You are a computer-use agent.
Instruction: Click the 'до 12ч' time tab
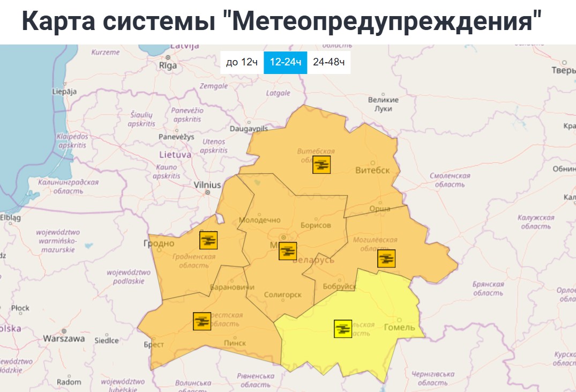[x=242, y=62]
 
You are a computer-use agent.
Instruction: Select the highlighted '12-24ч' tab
[x=285, y=62]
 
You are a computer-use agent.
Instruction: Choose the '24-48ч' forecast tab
[x=328, y=62]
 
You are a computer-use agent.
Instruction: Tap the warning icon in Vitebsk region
[x=321, y=165]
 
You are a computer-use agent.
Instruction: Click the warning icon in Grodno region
[x=208, y=240]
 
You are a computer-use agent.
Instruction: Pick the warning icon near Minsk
[x=288, y=251]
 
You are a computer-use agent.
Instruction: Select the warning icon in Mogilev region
[x=386, y=258]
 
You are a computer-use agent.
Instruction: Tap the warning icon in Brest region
[x=202, y=321]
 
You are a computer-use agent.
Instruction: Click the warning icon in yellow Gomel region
[x=343, y=328]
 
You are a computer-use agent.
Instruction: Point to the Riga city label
[x=168, y=65]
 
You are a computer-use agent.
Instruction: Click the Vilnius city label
[x=207, y=185]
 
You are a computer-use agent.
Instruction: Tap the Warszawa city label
[x=64, y=339]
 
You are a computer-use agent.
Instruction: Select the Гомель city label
[x=400, y=327]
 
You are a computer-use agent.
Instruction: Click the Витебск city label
[x=372, y=171]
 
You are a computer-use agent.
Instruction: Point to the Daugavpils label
[x=248, y=129]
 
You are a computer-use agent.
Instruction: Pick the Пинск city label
[x=235, y=343]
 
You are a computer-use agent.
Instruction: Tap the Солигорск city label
[x=283, y=295]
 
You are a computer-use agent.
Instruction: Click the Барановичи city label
[x=231, y=287]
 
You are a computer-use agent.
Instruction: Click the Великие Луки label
[x=383, y=104]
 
